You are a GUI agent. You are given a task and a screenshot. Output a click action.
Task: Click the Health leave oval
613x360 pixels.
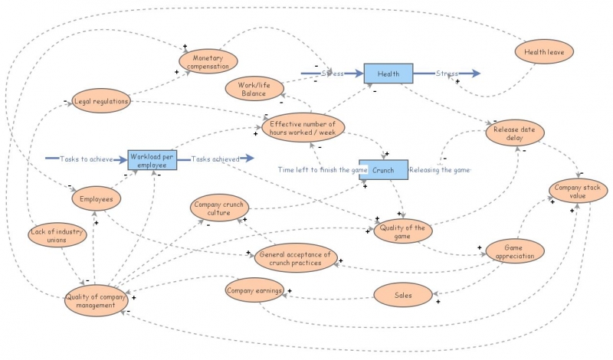coord(544,51)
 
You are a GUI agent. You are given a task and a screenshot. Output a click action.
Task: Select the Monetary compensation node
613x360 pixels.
coord(208,62)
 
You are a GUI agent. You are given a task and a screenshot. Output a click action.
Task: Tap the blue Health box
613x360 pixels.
coord(388,74)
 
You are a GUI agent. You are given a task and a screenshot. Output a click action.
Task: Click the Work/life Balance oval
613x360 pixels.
coord(254,89)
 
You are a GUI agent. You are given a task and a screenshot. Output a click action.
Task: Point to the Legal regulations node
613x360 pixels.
coord(101,101)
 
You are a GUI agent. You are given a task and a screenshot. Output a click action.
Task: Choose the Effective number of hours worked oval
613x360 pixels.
coord(303,128)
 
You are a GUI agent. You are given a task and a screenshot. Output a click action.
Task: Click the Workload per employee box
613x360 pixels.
coord(152,160)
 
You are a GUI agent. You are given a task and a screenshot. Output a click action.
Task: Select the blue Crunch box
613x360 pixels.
coord(384,170)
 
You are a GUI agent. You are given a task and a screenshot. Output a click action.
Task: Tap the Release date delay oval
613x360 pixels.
coord(515,133)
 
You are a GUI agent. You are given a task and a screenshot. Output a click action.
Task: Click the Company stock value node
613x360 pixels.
coord(578,191)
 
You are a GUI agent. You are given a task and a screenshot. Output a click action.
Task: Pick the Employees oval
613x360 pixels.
coord(97,198)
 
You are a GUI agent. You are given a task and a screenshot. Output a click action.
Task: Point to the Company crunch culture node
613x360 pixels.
coord(219,208)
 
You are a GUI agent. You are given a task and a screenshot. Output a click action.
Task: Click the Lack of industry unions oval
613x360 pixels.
coord(57,235)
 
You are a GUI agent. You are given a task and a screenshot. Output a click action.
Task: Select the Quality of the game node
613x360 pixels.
coord(403,231)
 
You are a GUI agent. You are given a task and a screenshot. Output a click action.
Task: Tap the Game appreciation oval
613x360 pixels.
coord(515,251)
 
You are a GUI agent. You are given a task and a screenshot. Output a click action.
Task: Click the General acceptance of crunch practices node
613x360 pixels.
coord(296,258)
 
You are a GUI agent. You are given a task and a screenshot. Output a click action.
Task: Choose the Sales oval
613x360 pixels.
coord(403,295)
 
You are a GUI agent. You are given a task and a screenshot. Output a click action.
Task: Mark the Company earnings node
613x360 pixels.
coord(254,290)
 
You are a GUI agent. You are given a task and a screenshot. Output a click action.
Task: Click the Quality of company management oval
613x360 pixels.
coord(96,300)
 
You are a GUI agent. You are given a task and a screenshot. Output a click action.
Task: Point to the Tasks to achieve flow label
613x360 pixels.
coord(87,159)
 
